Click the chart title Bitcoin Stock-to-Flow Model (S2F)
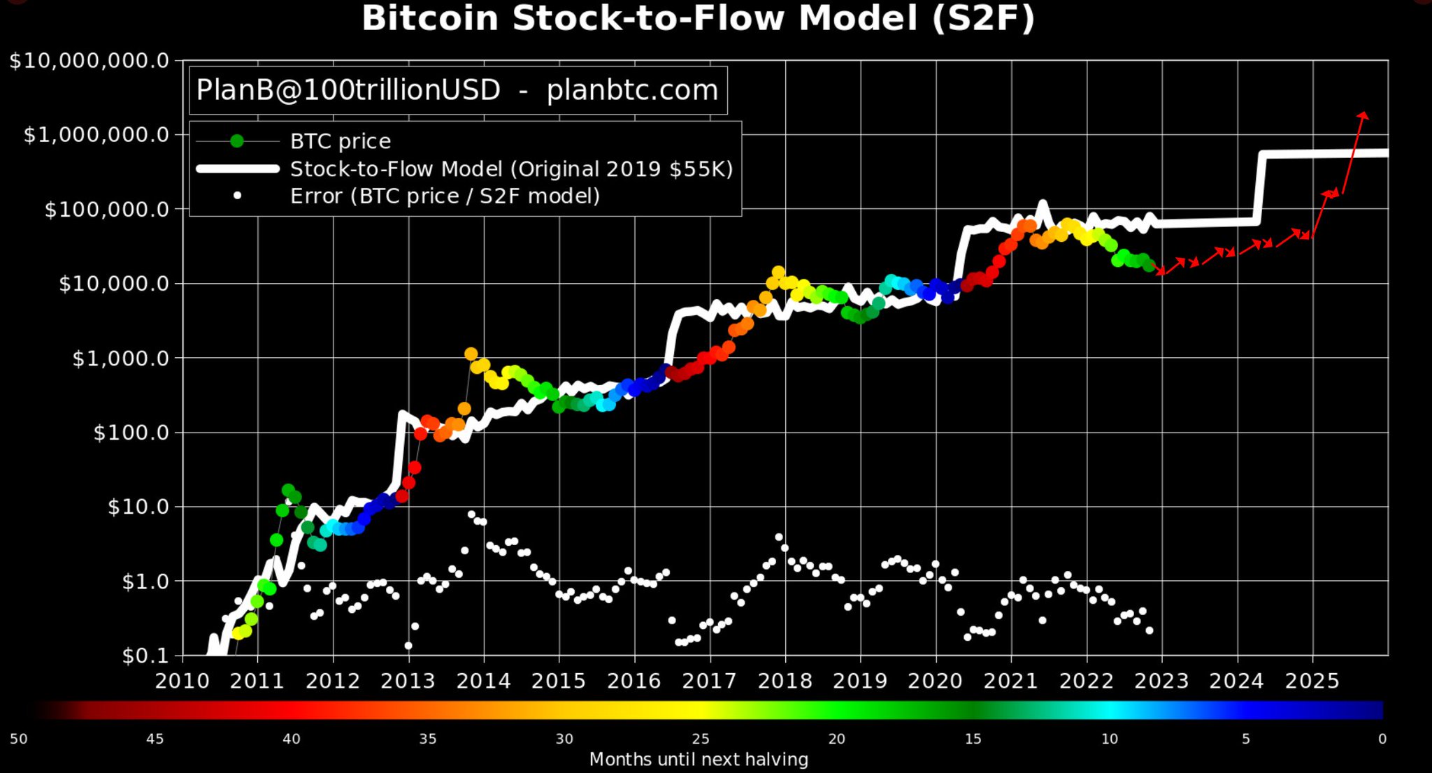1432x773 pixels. click(x=698, y=19)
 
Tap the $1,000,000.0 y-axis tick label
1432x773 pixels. click(x=96, y=134)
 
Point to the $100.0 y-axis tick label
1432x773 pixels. click(x=131, y=433)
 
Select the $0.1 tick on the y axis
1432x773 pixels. click(x=145, y=656)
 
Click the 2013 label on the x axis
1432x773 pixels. click(x=408, y=681)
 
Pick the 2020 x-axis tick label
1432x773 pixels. click(x=936, y=681)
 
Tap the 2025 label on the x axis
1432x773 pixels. click(x=1312, y=681)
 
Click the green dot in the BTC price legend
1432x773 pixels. click(x=237, y=141)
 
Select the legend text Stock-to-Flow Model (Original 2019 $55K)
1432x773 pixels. click(x=512, y=169)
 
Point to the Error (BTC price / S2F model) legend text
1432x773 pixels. click(x=445, y=196)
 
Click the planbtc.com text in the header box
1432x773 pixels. click(x=632, y=90)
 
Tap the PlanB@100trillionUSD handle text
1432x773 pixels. click(x=348, y=90)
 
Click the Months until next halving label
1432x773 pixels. click(x=699, y=760)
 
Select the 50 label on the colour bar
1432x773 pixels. click(x=19, y=739)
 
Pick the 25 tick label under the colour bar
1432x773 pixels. click(x=701, y=739)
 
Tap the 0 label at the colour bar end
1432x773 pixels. click(x=1382, y=739)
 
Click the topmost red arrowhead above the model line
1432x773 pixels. click(x=1363, y=116)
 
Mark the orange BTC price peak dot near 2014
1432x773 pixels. click(x=471, y=354)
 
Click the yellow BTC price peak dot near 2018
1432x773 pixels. click(x=778, y=273)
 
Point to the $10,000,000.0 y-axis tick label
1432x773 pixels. click(x=89, y=61)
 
